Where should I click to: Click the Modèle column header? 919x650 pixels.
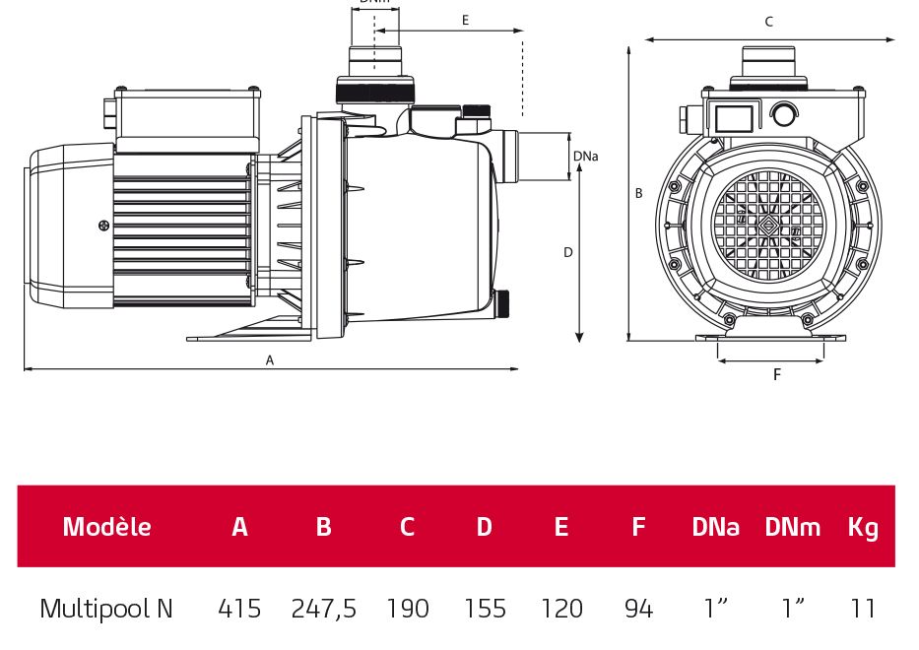click(x=106, y=527)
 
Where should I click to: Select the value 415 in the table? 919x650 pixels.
click(x=239, y=609)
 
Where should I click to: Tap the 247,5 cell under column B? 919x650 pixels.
click(x=323, y=609)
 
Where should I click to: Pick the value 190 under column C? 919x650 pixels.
click(x=407, y=609)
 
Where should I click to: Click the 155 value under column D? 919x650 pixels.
click(x=484, y=609)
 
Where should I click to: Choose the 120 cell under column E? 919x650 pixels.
click(x=561, y=609)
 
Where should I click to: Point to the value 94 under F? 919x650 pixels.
click(x=638, y=609)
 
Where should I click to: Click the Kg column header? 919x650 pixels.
click(x=863, y=527)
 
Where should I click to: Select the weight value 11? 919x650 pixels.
click(x=863, y=609)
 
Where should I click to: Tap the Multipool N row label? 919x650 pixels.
click(x=106, y=609)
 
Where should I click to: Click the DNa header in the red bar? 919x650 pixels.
click(x=715, y=527)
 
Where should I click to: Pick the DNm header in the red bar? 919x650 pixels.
click(x=792, y=527)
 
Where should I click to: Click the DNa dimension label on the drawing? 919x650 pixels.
click(x=585, y=157)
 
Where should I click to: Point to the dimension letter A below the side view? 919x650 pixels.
click(x=270, y=360)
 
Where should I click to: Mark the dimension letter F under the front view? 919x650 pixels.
click(x=776, y=375)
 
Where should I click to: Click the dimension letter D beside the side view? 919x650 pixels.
click(x=567, y=252)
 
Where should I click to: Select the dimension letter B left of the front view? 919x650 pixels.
click(x=638, y=194)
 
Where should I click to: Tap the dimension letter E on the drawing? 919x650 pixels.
click(x=465, y=20)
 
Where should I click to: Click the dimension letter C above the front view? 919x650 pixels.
click(x=769, y=22)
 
